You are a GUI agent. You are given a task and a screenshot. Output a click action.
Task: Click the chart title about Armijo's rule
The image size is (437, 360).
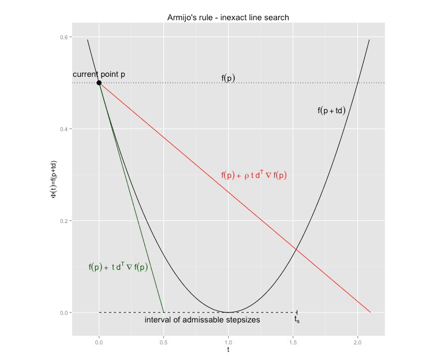228,17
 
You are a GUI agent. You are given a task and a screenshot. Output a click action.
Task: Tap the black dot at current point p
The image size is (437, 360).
99,83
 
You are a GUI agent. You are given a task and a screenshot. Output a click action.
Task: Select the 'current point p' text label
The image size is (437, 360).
99,75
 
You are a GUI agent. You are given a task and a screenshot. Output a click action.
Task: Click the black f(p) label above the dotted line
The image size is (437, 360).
228,78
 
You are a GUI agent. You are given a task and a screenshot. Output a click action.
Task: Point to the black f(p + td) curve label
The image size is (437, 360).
331,110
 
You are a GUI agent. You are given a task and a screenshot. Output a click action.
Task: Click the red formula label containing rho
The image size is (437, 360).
254,176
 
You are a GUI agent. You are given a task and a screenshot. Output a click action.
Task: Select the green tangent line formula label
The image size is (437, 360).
118,267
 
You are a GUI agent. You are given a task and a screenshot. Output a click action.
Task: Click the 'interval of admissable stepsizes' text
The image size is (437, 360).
202,320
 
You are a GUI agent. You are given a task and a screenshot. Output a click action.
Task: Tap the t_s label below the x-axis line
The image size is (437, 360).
297,319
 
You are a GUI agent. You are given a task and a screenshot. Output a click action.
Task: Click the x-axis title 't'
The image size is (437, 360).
229,350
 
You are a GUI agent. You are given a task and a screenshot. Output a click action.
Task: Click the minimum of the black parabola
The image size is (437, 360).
229,313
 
